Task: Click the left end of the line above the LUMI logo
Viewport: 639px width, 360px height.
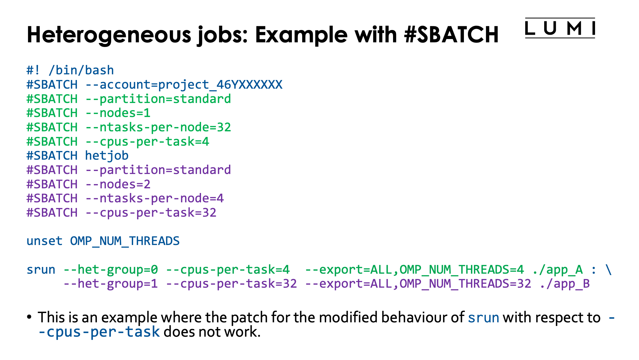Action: [526, 18]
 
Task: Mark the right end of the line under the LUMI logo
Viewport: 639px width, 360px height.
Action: [595, 38]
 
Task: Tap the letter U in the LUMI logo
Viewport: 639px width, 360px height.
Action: [550, 28]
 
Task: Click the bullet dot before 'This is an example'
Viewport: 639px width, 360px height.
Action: [29, 317]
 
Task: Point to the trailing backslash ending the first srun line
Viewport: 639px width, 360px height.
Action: [609, 270]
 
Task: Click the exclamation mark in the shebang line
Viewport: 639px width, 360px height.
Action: [37, 70]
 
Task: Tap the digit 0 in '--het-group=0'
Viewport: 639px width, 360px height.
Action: [154, 270]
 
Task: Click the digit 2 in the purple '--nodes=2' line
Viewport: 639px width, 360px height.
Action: [147, 184]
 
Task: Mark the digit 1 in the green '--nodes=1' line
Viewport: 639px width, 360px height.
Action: [147, 113]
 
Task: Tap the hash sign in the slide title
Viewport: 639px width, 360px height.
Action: [410, 35]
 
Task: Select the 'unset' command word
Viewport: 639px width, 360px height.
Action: [45, 241]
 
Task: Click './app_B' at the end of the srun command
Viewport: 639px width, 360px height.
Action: [565, 284]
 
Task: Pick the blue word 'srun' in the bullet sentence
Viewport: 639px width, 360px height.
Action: [484, 318]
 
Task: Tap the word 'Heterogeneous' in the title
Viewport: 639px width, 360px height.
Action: [109, 35]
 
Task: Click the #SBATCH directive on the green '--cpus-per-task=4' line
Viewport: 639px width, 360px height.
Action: [52, 142]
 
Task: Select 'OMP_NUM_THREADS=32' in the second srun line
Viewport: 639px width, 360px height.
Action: [466, 284]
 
